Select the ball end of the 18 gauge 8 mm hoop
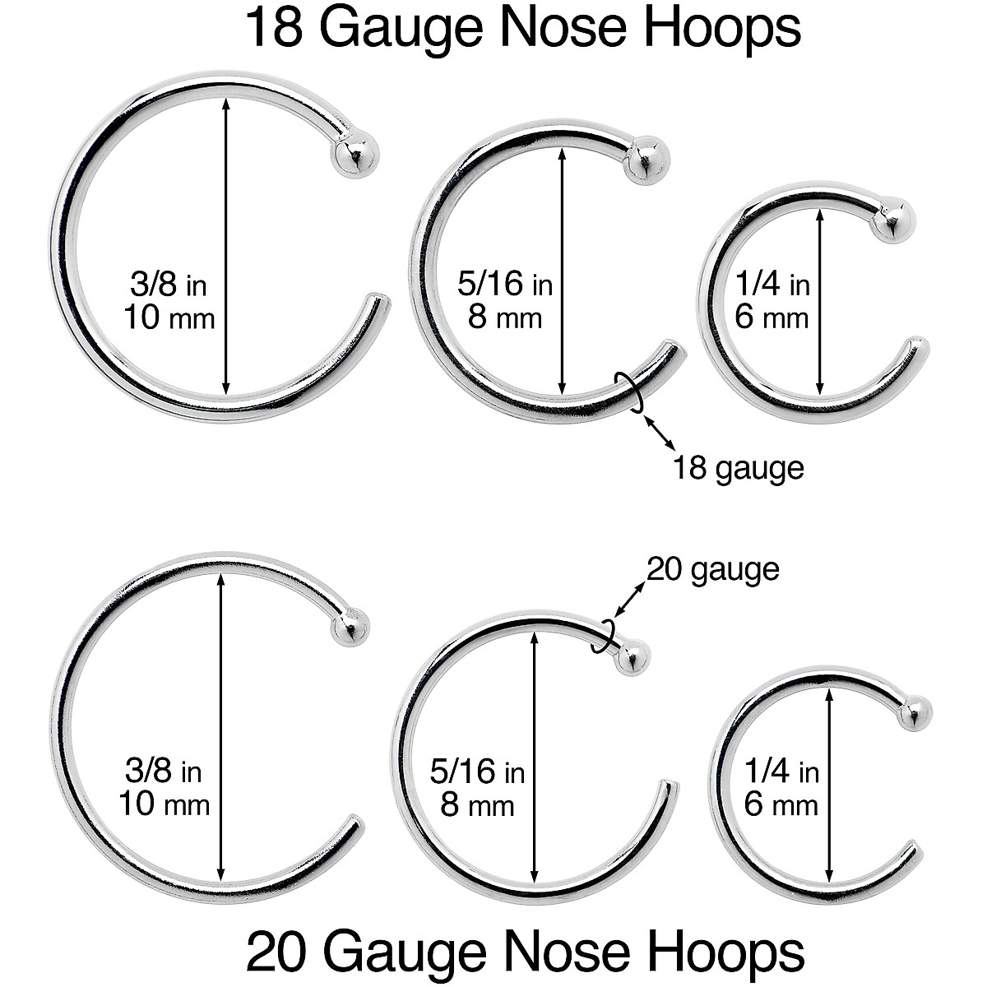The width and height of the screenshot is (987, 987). (x=646, y=162)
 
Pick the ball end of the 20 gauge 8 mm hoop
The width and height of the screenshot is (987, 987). (x=632, y=657)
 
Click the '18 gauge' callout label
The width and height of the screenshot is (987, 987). (x=738, y=469)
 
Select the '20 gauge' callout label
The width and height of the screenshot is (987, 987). (x=712, y=569)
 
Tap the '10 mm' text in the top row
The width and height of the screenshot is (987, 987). (x=169, y=317)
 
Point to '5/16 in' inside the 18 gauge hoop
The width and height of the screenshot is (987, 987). (x=505, y=285)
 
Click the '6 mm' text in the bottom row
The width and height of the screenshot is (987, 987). (x=781, y=804)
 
